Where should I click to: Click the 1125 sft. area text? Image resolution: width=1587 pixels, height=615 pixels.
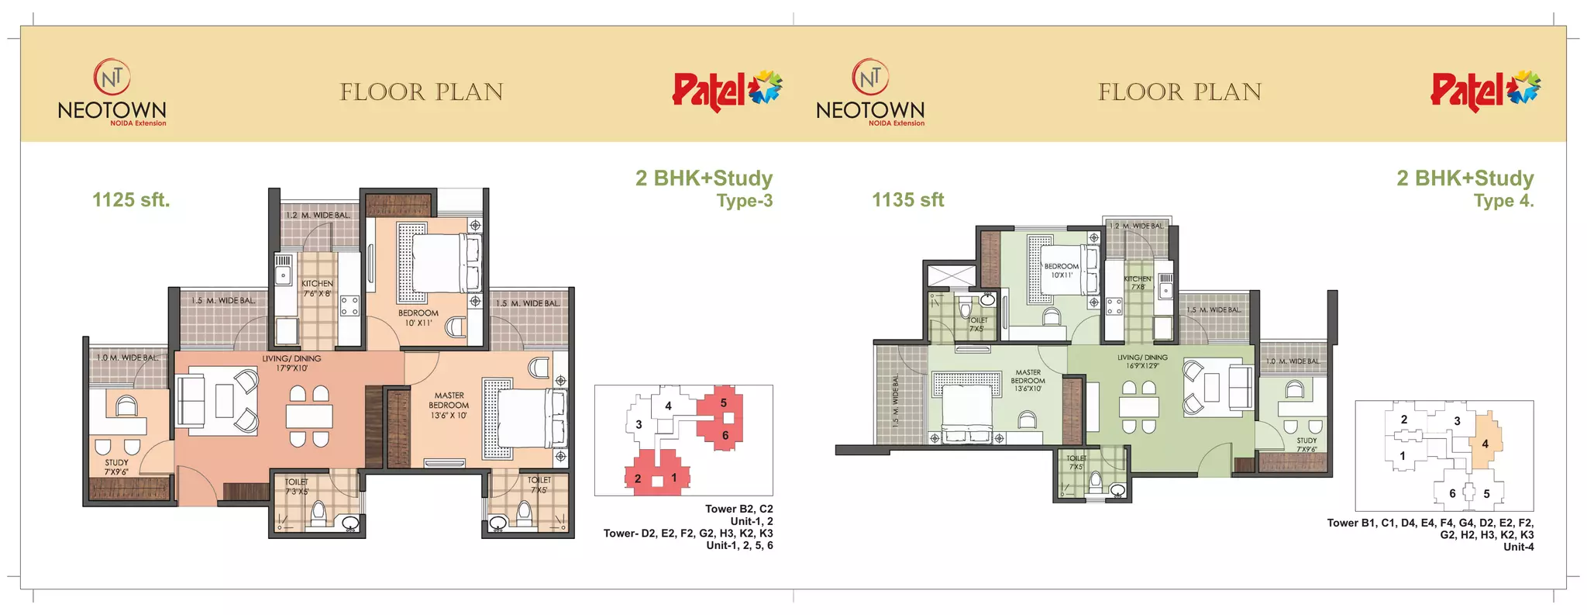coord(131,200)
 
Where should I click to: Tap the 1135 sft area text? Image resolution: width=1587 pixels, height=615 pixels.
coord(907,200)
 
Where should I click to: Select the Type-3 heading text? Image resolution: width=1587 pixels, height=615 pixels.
coord(744,202)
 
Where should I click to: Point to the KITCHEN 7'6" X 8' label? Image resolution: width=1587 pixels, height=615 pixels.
coord(317,288)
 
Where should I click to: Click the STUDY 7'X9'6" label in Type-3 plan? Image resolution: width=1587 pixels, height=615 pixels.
coord(116,467)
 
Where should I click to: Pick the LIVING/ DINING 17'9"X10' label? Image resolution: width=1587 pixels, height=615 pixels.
coord(291,363)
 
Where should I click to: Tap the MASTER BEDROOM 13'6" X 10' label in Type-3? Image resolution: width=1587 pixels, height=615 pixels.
coord(449,405)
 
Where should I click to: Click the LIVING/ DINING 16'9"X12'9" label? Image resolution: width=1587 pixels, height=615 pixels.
coord(1142,361)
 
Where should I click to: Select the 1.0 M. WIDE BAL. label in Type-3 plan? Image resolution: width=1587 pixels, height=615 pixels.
coord(128,358)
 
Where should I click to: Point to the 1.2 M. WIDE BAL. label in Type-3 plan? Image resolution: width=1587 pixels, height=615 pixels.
coord(318,216)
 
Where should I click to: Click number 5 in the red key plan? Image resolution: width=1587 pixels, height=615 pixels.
coord(723,403)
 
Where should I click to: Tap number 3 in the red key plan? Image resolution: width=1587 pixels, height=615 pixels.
coord(639,424)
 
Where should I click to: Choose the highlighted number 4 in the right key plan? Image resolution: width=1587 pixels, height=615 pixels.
coord(1485,444)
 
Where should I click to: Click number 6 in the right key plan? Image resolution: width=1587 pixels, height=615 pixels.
coord(1452,493)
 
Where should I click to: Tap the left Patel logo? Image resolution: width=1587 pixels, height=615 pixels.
coord(727,90)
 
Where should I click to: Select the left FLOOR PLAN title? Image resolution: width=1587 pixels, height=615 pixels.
coord(422,92)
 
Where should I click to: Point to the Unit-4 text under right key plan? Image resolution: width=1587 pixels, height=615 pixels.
coord(1518,547)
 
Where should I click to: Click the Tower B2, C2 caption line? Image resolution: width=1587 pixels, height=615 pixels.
coord(738,509)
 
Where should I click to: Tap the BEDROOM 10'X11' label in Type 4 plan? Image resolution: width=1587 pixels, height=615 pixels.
coord(1061,271)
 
